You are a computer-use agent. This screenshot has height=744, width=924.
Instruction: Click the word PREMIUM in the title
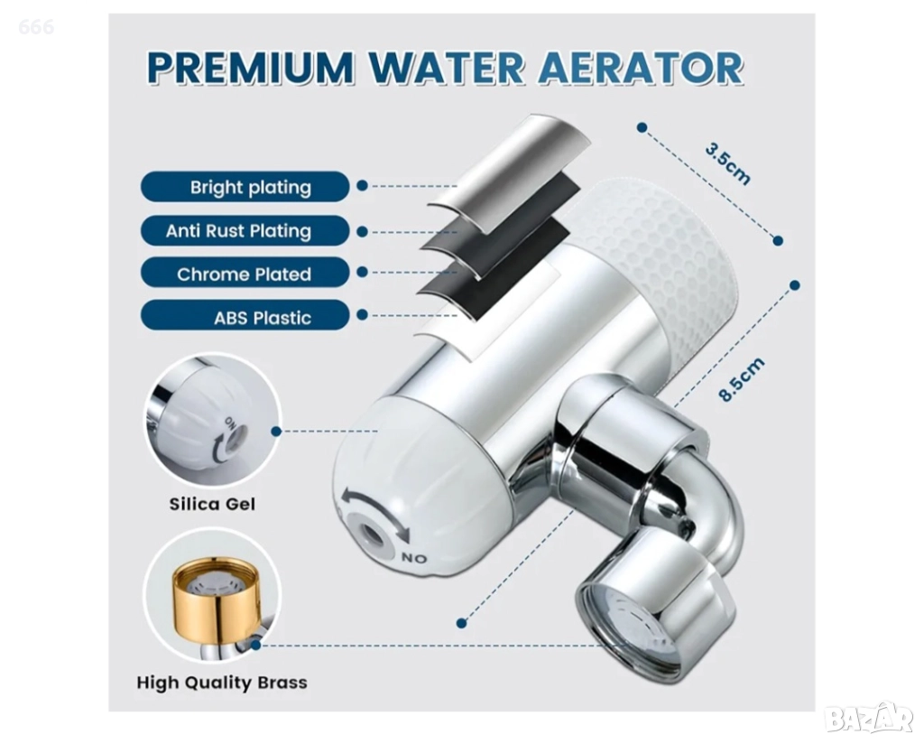click(250, 68)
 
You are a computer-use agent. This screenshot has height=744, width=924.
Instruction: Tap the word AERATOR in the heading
click(640, 68)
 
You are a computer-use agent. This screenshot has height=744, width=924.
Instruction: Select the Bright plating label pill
click(245, 187)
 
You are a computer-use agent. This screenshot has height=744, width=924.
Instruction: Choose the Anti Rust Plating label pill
click(245, 230)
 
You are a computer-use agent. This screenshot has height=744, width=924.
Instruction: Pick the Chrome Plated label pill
click(245, 274)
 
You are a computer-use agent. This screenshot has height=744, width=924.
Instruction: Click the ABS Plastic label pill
click(245, 317)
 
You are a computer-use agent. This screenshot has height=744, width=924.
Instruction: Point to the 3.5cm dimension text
click(728, 163)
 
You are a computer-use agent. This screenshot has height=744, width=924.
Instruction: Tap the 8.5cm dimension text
click(742, 379)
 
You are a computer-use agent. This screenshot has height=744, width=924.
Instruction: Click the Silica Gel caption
click(212, 504)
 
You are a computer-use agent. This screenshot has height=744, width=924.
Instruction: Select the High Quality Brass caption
click(222, 682)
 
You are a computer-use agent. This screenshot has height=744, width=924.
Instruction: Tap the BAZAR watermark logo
click(869, 718)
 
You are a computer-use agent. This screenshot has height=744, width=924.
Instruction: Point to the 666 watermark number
click(36, 27)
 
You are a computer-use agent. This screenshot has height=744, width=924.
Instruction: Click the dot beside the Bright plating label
click(362, 186)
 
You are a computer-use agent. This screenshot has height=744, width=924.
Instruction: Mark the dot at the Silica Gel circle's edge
click(276, 432)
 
